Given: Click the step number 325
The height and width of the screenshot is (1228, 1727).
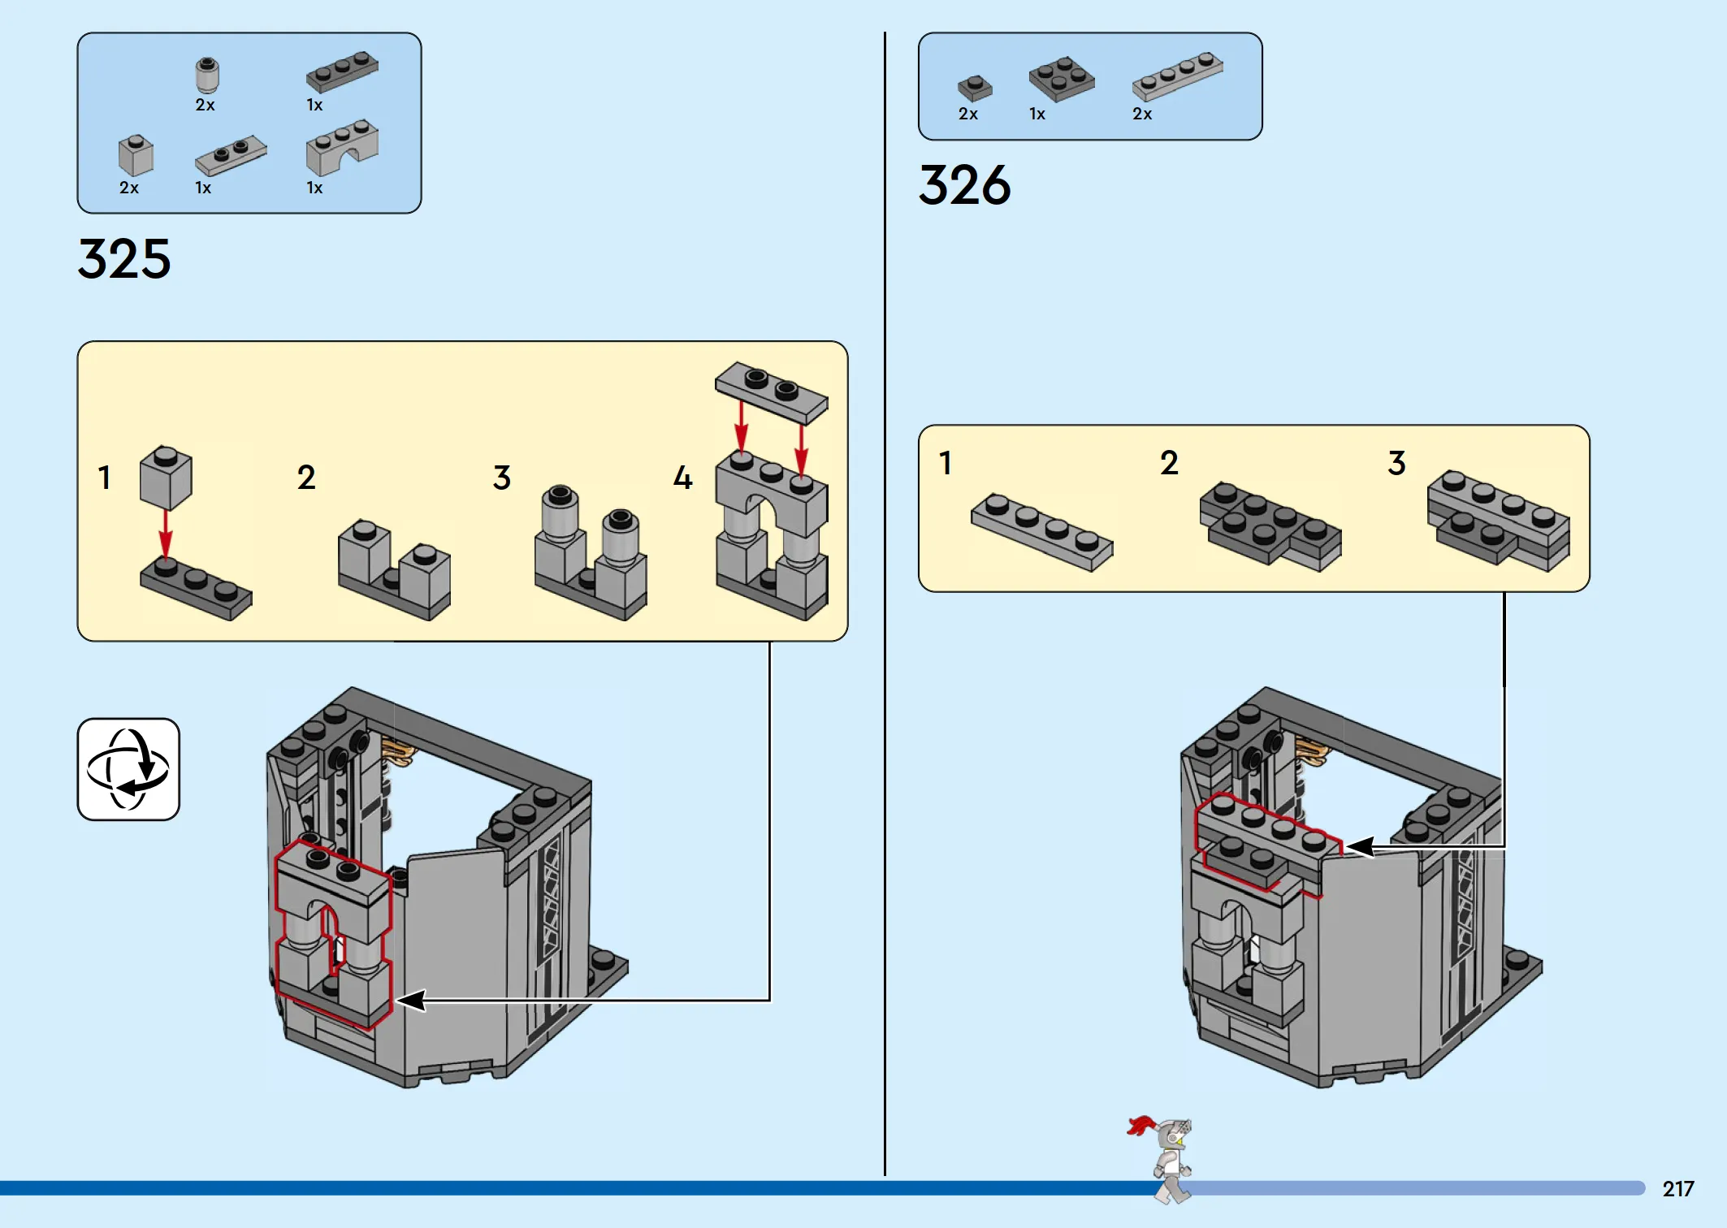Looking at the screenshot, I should [x=124, y=259].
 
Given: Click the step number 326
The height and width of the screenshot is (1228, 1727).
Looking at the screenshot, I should [x=964, y=185].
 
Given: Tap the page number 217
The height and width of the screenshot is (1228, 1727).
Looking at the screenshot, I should [x=1677, y=1189].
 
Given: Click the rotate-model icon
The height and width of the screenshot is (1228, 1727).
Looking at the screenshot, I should [x=128, y=769].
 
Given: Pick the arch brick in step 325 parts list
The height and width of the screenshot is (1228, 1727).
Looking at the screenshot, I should [x=341, y=148].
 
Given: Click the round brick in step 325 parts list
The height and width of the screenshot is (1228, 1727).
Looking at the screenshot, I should [x=207, y=76].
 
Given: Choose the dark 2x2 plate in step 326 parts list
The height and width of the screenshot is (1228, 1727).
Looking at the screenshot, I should [x=1061, y=79].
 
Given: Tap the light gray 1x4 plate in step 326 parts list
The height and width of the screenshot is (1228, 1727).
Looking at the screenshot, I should [x=1177, y=76].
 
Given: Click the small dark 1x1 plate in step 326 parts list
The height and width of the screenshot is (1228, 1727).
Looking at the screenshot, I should [x=974, y=87].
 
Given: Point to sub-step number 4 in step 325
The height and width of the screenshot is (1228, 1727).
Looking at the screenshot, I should [x=682, y=478].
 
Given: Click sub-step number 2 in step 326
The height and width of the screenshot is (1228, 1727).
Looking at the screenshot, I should [x=1169, y=463].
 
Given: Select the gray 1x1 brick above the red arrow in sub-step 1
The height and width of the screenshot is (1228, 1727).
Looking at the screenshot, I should [x=166, y=477].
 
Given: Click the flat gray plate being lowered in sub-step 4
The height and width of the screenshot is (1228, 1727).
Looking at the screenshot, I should [x=771, y=391].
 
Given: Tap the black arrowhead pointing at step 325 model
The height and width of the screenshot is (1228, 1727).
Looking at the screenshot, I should [x=410, y=1000].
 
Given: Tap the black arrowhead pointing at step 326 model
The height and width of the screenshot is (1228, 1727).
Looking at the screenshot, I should [x=1359, y=847].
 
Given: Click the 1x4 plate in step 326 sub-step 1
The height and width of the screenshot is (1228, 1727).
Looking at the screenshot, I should [x=1041, y=531].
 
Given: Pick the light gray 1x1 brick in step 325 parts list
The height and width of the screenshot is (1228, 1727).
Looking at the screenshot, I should [x=136, y=155].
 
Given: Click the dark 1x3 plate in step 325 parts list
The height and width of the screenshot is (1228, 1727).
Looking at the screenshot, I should [x=342, y=71].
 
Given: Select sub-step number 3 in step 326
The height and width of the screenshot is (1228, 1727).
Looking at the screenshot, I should [x=1396, y=463].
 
